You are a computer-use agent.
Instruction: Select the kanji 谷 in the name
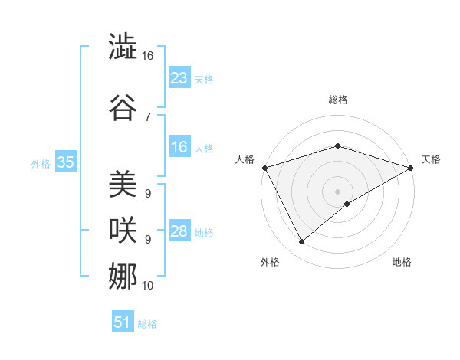[x=123, y=107]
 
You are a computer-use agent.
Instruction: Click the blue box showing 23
[x=179, y=78]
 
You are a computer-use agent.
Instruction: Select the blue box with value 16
[x=179, y=148]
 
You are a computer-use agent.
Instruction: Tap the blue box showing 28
[x=179, y=231]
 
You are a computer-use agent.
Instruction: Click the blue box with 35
[x=66, y=162]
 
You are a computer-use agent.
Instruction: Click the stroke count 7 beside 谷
[x=148, y=117]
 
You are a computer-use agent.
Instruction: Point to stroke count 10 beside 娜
[x=148, y=286]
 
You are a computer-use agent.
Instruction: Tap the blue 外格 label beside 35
[x=40, y=163]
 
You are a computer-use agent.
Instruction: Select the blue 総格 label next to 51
[x=147, y=324]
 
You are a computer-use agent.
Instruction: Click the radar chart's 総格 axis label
[x=337, y=100]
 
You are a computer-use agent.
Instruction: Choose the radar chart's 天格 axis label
[x=431, y=159]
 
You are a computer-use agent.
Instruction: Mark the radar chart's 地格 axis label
[x=402, y=263]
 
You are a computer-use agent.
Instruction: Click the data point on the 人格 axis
[x=264, y=167]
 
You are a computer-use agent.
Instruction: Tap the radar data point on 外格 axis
[x=301, y=242]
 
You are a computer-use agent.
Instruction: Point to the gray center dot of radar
[x=337, y=191]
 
